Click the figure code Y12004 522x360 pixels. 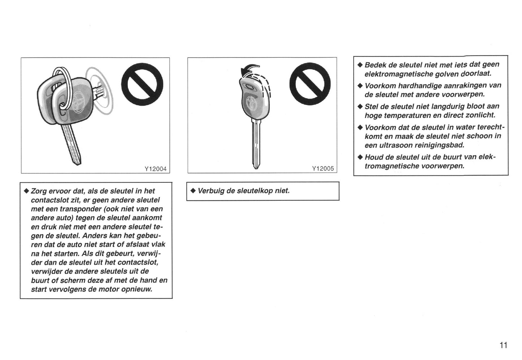[x=155, y=169]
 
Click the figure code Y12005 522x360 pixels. [x=323, y=169]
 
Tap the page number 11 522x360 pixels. [x=503, y=345]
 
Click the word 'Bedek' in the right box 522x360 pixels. [x=375, y=65]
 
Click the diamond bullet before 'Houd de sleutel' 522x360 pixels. [x=359, y=157]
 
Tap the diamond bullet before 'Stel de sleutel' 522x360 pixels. [x=359, y=107]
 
